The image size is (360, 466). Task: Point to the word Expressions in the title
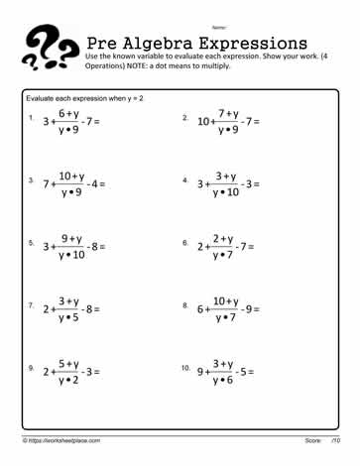point(260,45)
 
